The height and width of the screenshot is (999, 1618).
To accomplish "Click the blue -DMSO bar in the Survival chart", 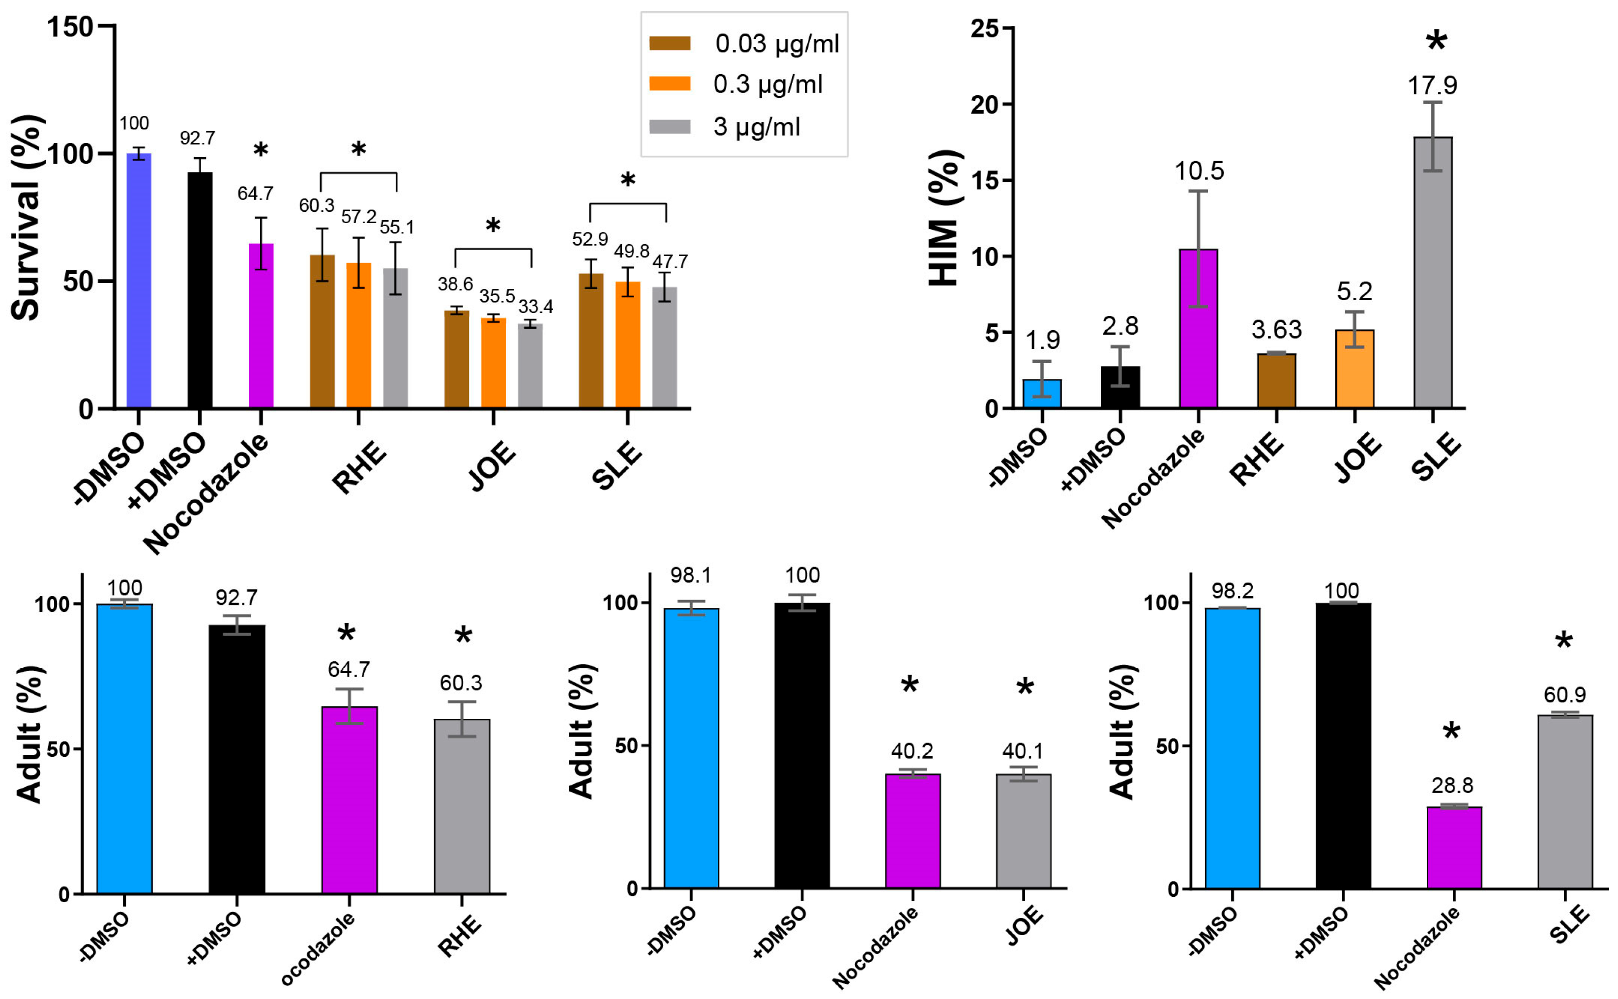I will pyautogui.click(x=139, y=281).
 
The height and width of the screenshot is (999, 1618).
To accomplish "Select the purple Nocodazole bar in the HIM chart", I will pyautogui.click(x=1198, y=328).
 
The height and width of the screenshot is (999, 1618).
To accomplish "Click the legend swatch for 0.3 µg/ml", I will pyautogui.click(x=670, y=84).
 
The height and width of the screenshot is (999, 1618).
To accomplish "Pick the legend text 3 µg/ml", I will pyautogui.click(x=756, y=126).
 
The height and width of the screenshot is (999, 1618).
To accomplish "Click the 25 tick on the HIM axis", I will pyautogui.click(x=984, y=29).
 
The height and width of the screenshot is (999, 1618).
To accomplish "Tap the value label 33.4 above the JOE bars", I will pyautogui.click(x=535, y=307).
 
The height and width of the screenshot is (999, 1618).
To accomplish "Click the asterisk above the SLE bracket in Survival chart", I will pyautogui.click(x=628, y=180).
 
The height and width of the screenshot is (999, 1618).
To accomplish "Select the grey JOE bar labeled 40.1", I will pyautogui.click(x=1023, y=831).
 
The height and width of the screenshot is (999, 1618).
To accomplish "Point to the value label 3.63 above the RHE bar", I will pyautogui.click(x=1276, y=329).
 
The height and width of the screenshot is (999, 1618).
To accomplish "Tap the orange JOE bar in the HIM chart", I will pyautogui.click(x=1354, y=369).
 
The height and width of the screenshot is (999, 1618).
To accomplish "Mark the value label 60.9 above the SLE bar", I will pyautogui.click(x=1564, y=694).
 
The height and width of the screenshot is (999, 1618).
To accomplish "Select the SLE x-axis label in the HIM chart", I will pyautogui.click(x=1436, y=457).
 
